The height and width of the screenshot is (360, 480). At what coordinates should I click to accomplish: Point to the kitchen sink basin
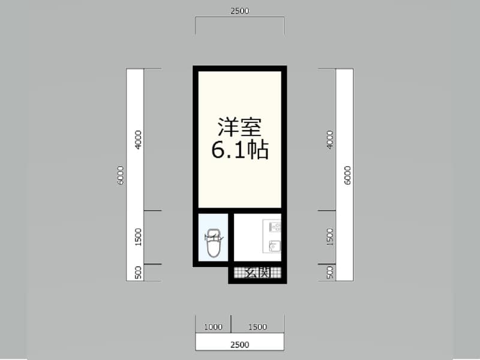pyautogui.click(x=275, y=245)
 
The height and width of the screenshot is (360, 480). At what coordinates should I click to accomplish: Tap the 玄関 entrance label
pyautogui.click(x=258, y=272)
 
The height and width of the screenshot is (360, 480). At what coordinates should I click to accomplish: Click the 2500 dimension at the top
pyautogui.click(x=239, y=10)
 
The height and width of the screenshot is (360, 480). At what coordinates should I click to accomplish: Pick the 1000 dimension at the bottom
pyautogui.click(x=213, y=327)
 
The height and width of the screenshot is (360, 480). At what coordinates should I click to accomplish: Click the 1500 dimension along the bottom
pyautogui.click(x=257, y=327)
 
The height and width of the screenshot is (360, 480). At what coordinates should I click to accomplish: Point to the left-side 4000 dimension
pyautogui.click(x=139, y=140)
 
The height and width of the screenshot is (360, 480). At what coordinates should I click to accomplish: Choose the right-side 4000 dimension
pyautogui.click(x=329, y=140)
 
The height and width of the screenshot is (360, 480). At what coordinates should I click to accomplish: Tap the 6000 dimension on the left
pyautogui.click(x=121, y=175)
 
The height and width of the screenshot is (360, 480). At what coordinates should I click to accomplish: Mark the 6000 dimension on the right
pyautogui.click(x=347, y=175)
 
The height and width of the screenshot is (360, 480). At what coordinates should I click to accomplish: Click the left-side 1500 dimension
pyautogui.click(x=139, y=237)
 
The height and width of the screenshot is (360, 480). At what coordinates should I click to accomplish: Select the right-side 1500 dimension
pyautogui.click(x=329, y=237)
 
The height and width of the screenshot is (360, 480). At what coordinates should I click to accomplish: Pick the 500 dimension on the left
pyautogui.click(x=139, y=272)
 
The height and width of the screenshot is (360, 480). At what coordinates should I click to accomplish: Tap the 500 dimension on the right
pyautogui.click(x=329, y=272)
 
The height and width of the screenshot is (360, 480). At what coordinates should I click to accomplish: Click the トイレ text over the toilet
pyautogui.click(x=214, y=238)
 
